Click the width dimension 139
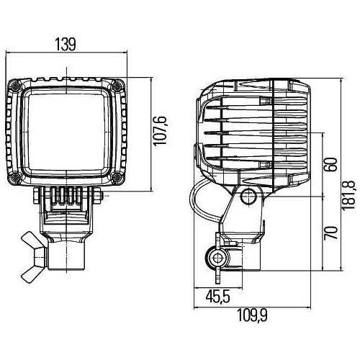[x=66, y=45]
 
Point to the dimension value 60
[x=329, y=164]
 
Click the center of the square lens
[x=67, y=132]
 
